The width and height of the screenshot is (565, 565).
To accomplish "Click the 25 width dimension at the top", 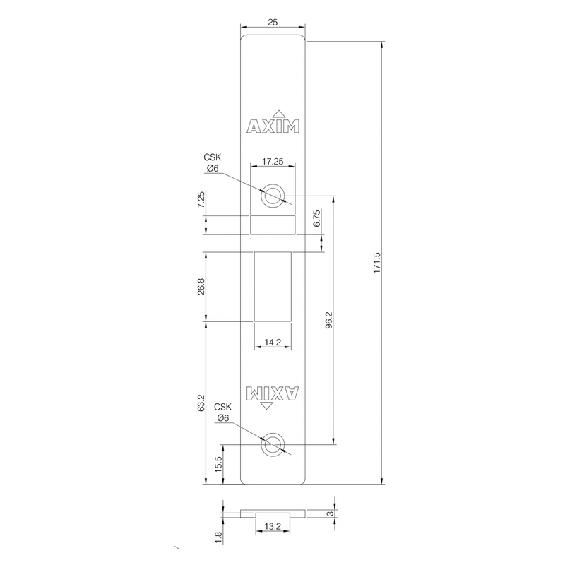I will (273, 23).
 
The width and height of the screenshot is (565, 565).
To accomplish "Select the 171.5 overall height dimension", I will (376, 263).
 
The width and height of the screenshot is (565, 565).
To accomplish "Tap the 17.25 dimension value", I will (273, 162).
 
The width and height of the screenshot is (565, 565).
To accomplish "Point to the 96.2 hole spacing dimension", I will (329, 320).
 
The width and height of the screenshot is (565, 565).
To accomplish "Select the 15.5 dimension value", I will (219, 465).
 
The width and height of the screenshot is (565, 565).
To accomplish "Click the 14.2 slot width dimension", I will (273, 342).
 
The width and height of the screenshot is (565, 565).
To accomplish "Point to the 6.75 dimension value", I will (318, 218).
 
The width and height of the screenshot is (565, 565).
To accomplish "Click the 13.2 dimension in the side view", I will (273, 527).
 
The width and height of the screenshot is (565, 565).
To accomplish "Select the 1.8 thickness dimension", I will (219, 537).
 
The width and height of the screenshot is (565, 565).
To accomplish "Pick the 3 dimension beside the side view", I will (331, 513).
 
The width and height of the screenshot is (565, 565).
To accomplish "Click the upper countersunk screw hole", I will (271, 196).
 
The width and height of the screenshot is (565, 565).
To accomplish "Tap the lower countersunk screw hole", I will (271, 445).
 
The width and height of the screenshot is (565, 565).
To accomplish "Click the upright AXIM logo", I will (273, 125).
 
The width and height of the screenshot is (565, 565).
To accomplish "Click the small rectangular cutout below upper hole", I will (273, 224).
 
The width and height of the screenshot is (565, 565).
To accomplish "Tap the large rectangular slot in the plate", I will (273, 287).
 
